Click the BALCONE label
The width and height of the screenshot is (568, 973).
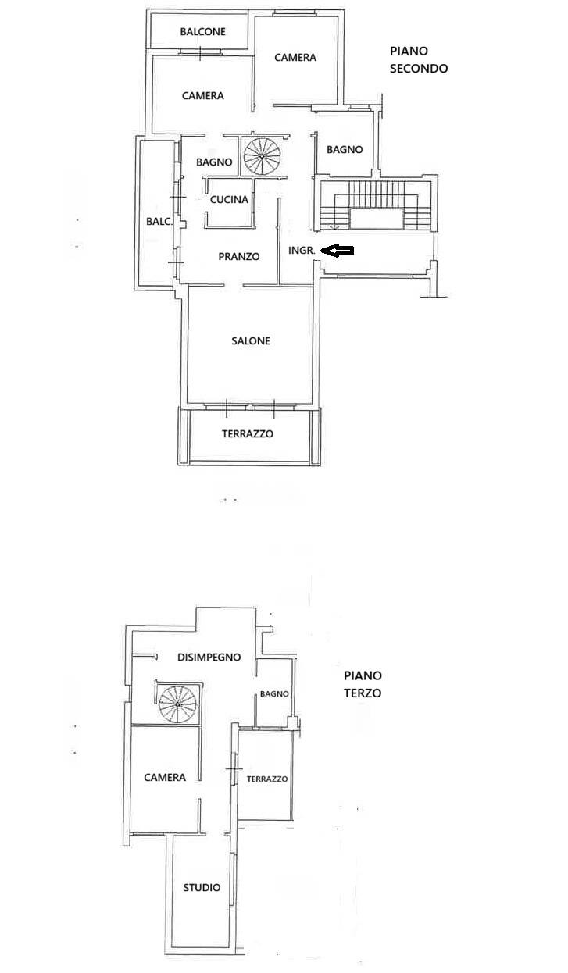202,32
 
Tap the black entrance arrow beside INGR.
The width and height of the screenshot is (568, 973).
338,250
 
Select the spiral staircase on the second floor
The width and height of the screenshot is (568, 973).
262,155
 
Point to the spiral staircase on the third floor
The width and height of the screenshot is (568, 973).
178,704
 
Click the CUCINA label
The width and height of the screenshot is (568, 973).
229,199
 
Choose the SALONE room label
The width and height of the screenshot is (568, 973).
251,341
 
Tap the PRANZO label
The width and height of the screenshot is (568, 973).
238,257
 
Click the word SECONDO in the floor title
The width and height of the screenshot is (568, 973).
419,69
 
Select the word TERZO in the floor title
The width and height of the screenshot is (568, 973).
363,693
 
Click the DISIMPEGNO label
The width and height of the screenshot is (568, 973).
209,658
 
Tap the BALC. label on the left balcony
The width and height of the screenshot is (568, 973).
159,222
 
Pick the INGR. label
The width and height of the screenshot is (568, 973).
302,251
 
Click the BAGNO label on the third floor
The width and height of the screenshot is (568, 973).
274,693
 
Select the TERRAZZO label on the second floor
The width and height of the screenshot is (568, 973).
247,433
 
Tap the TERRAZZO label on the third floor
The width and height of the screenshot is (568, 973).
267,779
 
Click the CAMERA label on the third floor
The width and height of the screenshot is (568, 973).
165,777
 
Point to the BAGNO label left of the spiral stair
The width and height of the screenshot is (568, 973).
214,162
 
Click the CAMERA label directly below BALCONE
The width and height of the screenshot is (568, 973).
203,95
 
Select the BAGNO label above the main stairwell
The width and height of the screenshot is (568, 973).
345,149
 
